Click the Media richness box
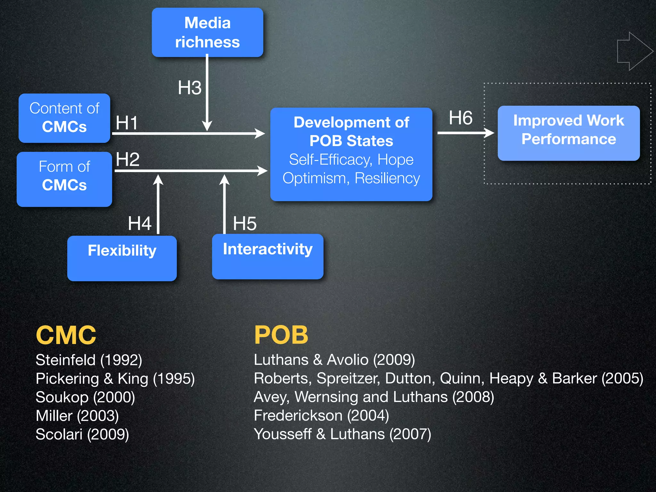pyautogui.click(x=207, y=32)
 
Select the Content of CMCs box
pyautogui.click(x=64, y=118)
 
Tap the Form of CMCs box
pyautogui.click(x=64, y=179)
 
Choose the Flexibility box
pyautogui.click(x=122, y=258)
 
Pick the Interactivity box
pyautogui.click(x=267, y=256)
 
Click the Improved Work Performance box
pyautogui.click(x=569, y=133)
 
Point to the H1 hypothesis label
pyautogui.click(x=127, y=123)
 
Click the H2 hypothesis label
pyautogui.click(x=127, y=159)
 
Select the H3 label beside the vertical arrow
pyautogui.click(x=190, y=87)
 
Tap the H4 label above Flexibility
pyautogui.click(x=139, y=223)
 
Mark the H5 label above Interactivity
pyautogui.click(x=245, y=223)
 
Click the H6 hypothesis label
pyautogui.click(x=461, y=118)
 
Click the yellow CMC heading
pyautogui.click(x=66, y=335)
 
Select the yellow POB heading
pyautogui.click(x=281, y=335)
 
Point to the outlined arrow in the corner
pyautogui.click(x=635, y=51)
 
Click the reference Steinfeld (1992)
pyautogui.click(x=89, y=360)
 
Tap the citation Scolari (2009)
pyautogui.click(x=82, y=434)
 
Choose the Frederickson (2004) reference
pyautogui.click(x=321, y=416)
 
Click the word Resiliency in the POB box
pyautogui.click(x=387, y=178)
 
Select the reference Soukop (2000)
pyautogui.click(x=85, y=397)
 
